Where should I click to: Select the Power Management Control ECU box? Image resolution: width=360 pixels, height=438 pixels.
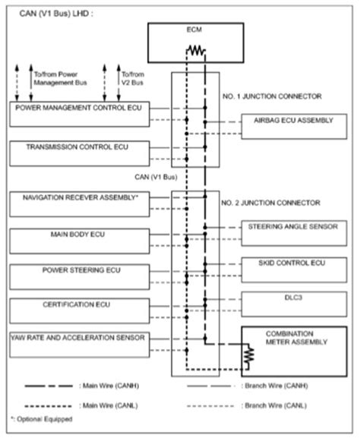click(x=84, y=115)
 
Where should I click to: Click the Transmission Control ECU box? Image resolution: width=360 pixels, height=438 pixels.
click(x=84, y=153)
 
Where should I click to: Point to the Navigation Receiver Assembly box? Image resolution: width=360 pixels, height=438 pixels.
click(x=84, y=203)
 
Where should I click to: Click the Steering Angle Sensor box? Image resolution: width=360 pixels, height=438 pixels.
click(x=286, y=232)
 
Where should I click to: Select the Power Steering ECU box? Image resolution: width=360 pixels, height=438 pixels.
click(x=84, y=275)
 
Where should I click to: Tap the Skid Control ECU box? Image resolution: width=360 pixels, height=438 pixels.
click(x=286, y=268)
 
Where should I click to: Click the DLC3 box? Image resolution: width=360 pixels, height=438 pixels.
click(x=286, y=303)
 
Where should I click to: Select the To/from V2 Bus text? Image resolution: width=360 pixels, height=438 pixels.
click(x=131, y=80)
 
